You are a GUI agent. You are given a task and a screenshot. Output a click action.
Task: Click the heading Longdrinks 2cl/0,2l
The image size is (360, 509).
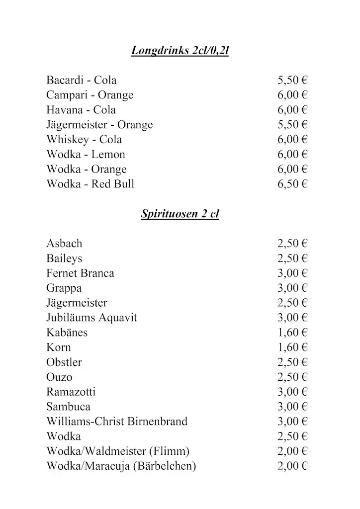click(x=180, y=51)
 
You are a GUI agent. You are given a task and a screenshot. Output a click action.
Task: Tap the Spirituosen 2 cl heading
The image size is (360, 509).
click(x=180, y=214)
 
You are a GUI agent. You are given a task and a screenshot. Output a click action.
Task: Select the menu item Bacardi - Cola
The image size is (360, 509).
click(x=81, y=81)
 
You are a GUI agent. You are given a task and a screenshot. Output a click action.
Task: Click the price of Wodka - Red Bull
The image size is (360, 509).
click(x=292, y=184)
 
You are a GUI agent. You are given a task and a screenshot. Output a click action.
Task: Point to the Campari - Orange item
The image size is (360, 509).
click(x=90, y=95)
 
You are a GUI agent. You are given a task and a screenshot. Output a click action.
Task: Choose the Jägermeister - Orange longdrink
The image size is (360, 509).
click(x=99, y=125)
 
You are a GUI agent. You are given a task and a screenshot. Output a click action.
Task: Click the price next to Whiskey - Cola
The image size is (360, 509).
click(x=292, y=140)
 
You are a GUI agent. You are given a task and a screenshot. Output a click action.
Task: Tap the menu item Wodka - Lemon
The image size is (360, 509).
click(x=86, y=155)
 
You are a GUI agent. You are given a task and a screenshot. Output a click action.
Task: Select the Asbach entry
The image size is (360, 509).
click(x=64, y=244)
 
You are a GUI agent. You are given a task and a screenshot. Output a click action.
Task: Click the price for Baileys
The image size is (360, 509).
click(x=292, y=258)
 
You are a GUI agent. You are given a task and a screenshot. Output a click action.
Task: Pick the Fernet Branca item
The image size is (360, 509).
click(x=80, y=273)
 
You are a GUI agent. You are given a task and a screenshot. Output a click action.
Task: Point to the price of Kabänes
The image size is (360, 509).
click(x=292, y=333)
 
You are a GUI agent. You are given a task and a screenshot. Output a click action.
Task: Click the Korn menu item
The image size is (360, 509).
click(x=59, y=347)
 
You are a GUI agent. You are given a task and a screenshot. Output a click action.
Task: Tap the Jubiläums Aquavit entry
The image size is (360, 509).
click(x=91, y=318)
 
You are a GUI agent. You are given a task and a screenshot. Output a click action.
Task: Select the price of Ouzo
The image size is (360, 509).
click(x=292, y=377)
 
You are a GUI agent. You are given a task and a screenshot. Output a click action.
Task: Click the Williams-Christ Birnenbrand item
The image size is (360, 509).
click(x=117, y=422)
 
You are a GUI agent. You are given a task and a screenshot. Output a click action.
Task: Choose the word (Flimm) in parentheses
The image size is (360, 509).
click(x=169, y=451)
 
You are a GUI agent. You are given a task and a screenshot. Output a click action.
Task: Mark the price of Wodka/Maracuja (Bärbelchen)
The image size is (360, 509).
click(x=292, y=466)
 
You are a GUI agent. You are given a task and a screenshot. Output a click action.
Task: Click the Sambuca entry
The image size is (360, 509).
click(x=68, y=407)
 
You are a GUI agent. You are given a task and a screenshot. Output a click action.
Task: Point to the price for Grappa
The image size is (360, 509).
click(x=292, y=288)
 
